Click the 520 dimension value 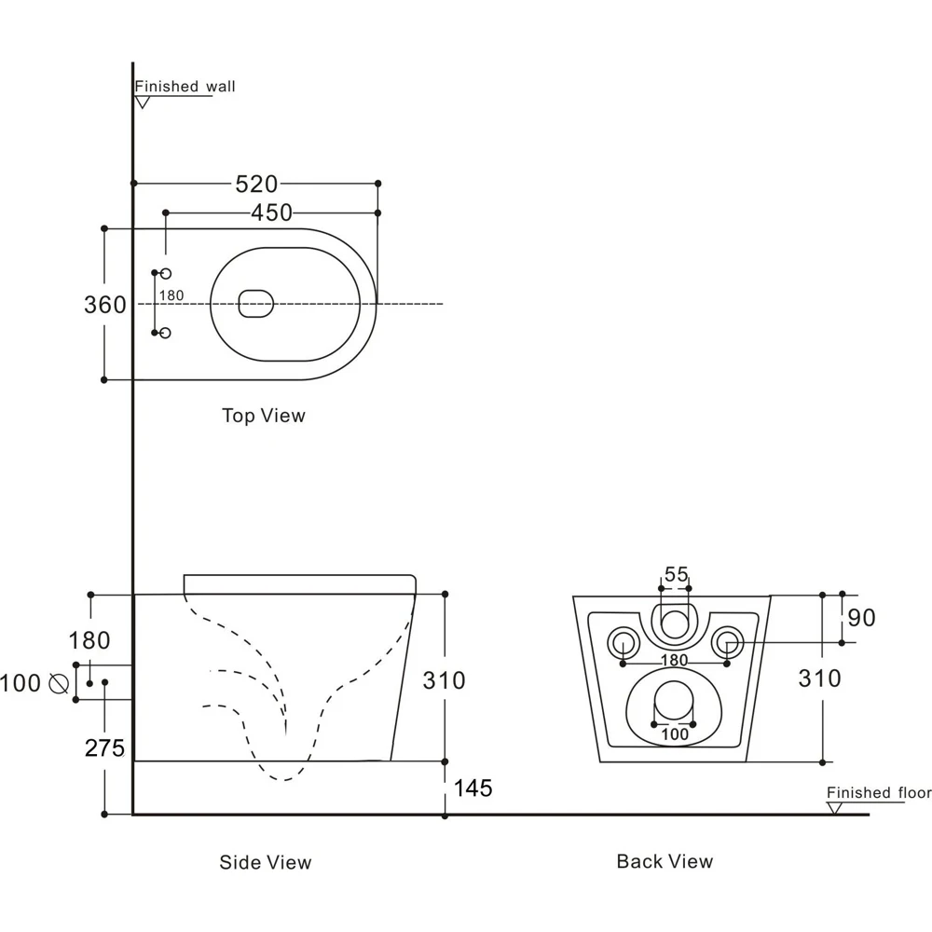click(256, 184)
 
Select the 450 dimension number click(271, 213)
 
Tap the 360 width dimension click(104, 305)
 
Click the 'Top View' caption click(263, 415)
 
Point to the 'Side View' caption click(266, 862)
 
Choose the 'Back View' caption click(665, 861)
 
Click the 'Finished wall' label click(185, 87)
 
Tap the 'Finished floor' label click(879, 793)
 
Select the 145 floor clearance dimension click(473, 788)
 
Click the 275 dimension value click(104, 747)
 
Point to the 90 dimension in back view click(862, 617)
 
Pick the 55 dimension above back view click(676, 574)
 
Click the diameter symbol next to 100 click(59, 682)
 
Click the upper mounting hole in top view click(166, 273)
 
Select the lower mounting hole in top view click(166, 333)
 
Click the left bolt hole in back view click(622, 642)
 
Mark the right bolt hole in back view click(728, 642)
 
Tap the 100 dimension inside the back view click(674, 734)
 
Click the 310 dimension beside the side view click(444, 681)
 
